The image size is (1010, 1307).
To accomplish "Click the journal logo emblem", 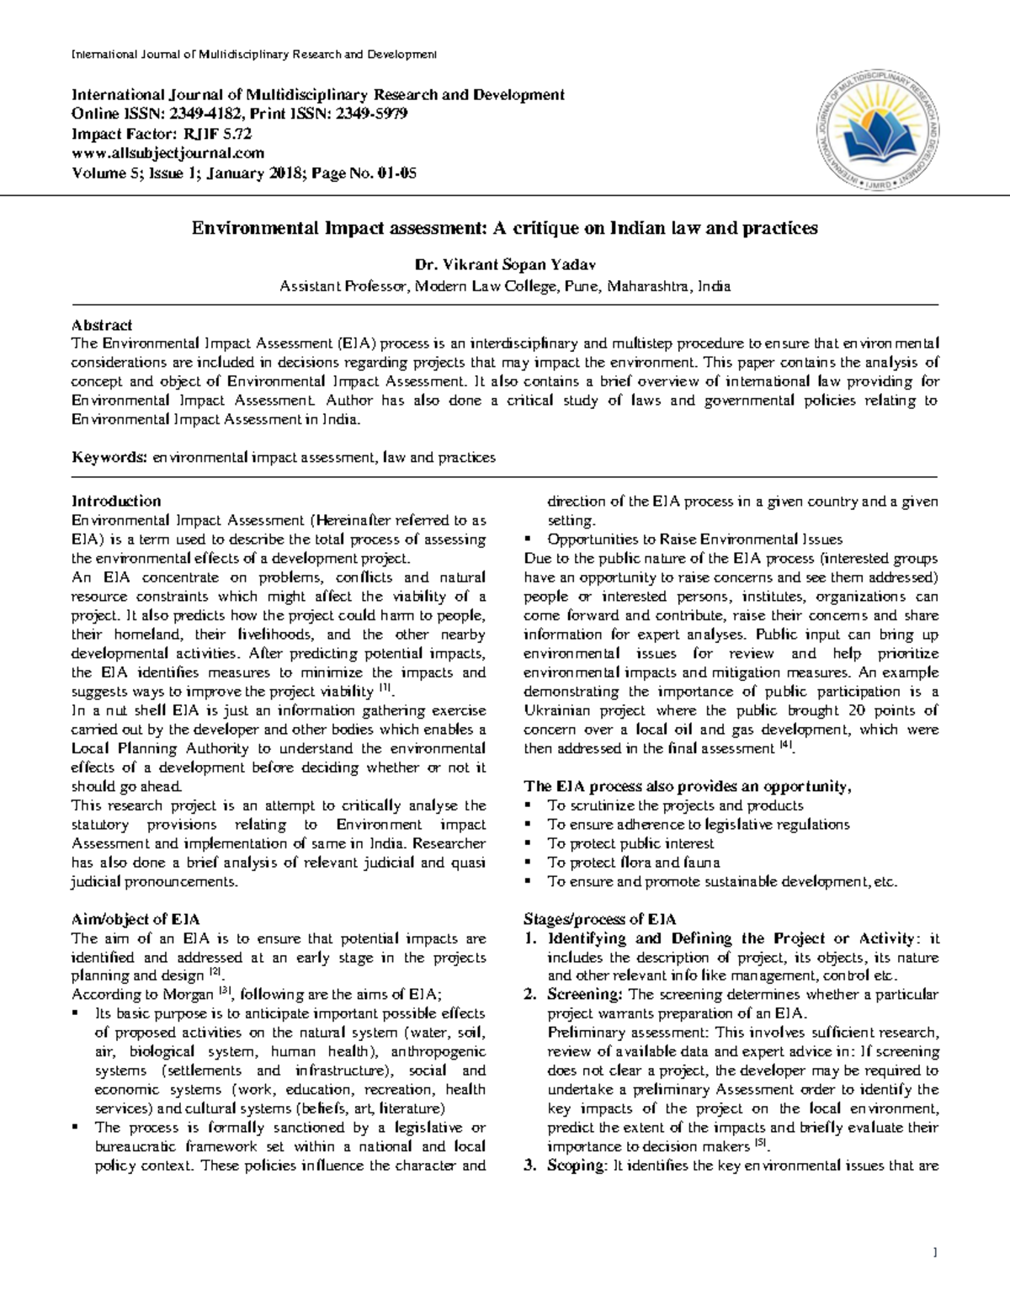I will tap(881, 126).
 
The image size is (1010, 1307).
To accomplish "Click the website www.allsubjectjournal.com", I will tap(167, 153).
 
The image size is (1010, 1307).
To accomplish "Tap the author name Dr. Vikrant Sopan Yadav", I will tap(504, 266).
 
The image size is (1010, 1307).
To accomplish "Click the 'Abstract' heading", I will tap(102, 325).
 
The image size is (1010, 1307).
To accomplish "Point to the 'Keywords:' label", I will tap(109, 458).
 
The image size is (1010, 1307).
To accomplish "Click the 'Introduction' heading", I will tap(116, 501).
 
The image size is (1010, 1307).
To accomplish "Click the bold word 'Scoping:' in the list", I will tap(577, 1166).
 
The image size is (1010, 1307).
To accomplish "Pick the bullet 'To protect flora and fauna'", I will tap(633, 863).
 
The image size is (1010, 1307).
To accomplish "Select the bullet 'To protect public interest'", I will tap(630, 843).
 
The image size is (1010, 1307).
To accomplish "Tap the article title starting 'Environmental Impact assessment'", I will tap(504, 228).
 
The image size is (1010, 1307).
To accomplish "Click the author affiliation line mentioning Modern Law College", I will tap(504, 286).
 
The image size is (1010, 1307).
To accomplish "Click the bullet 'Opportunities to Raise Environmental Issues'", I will tap(694, 539).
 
